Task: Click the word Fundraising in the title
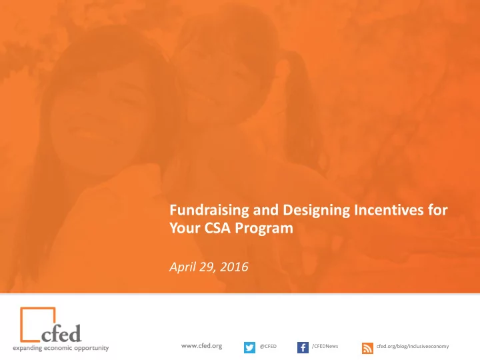click(x=209, y=211)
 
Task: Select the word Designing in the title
click(x=316, y=211)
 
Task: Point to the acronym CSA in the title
click(x=217, y=228)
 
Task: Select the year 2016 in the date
click(x=234, y=267)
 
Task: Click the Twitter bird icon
click(x=249, y=347)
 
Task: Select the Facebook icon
click(x=303, y=347)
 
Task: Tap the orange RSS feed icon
click(x=367, y=349)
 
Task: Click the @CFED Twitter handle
click(x=268, y=346)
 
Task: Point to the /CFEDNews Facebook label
click(x=325, y=346)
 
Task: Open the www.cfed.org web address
click(x=201, y=346)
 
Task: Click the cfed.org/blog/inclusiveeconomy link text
click(x=413, y=346)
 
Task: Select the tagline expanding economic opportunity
click(x=61, y=349)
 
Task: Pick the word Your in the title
click(x=185, y=228)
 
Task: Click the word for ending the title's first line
click(x=438, y=210)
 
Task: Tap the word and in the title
click(x=266, y=210)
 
